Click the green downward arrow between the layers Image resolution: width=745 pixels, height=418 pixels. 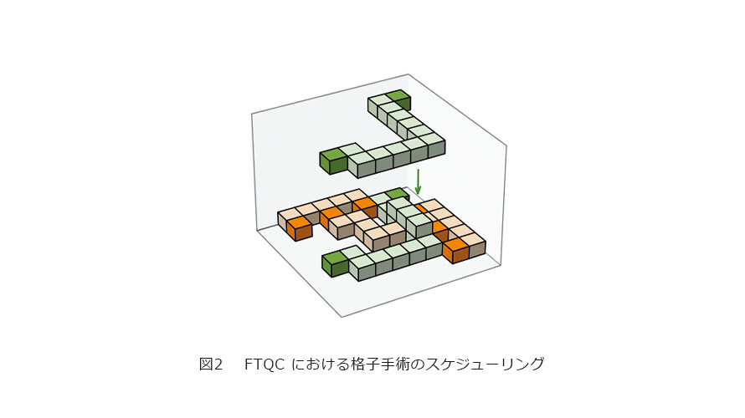418,181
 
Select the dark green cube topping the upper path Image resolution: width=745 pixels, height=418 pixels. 399,99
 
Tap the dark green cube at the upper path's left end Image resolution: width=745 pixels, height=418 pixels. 334,161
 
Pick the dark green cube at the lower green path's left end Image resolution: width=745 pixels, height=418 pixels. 336,264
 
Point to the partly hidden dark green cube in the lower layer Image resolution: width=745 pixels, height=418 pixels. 398,194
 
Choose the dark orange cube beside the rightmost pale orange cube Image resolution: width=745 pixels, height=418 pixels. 455,250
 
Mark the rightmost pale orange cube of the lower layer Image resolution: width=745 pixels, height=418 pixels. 474,244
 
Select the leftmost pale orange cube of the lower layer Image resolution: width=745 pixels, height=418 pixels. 287,218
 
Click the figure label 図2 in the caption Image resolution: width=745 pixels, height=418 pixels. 211,364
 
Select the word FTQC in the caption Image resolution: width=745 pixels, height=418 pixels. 265,364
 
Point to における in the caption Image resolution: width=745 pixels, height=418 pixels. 320,364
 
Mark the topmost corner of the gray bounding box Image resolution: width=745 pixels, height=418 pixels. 408,74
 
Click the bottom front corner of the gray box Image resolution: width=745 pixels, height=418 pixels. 342,317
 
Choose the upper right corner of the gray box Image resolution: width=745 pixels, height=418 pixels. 506,145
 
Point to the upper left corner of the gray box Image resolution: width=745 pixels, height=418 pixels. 251,114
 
